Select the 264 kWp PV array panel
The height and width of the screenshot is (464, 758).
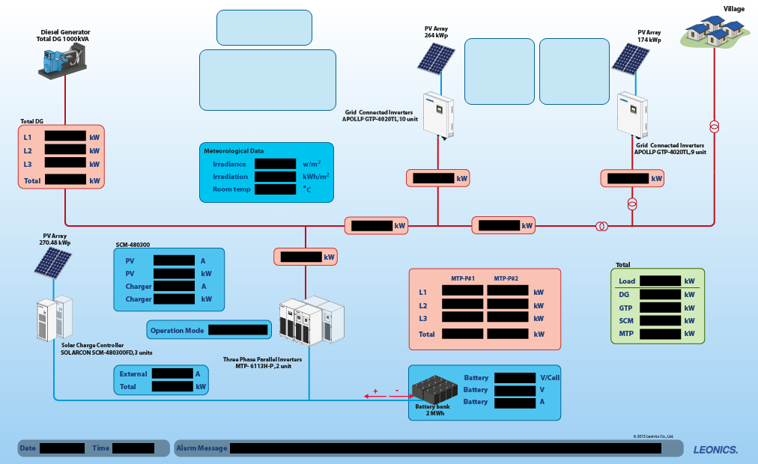[x=435, y=58]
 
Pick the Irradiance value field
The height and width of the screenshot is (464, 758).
[x=275, y=163]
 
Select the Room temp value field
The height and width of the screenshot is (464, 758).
[x=275, y=189]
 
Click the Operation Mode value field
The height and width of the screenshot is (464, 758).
[x=237, y=329]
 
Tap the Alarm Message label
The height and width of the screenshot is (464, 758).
[x=201, y=448]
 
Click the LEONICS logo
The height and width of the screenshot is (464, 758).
[x=715, y=449]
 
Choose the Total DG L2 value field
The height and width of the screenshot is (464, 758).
[x=65, y=150]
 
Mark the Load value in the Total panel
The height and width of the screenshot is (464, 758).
[x=660, y=281]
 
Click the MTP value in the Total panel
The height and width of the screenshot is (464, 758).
[x=660, y=333]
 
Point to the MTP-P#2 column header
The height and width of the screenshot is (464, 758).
[x=506, y=278]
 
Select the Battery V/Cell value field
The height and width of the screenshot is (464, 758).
[x=515, y=378]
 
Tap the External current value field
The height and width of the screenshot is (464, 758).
[x=172, y=373]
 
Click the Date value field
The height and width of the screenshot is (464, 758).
[x=61, y=448]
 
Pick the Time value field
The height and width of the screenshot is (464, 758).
[x=133, y=448]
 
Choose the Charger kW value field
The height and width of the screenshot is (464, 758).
[x=174, y=299]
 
